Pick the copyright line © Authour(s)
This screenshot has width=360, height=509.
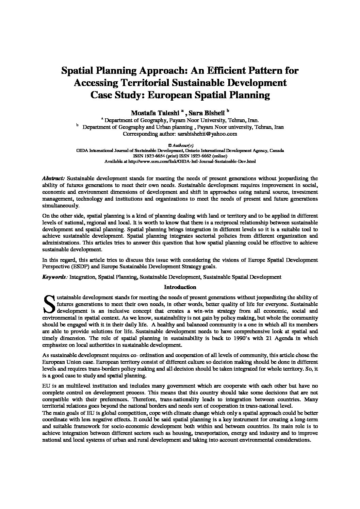180,145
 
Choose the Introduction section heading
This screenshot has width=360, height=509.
180,287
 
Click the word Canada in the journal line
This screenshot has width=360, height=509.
278,150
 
